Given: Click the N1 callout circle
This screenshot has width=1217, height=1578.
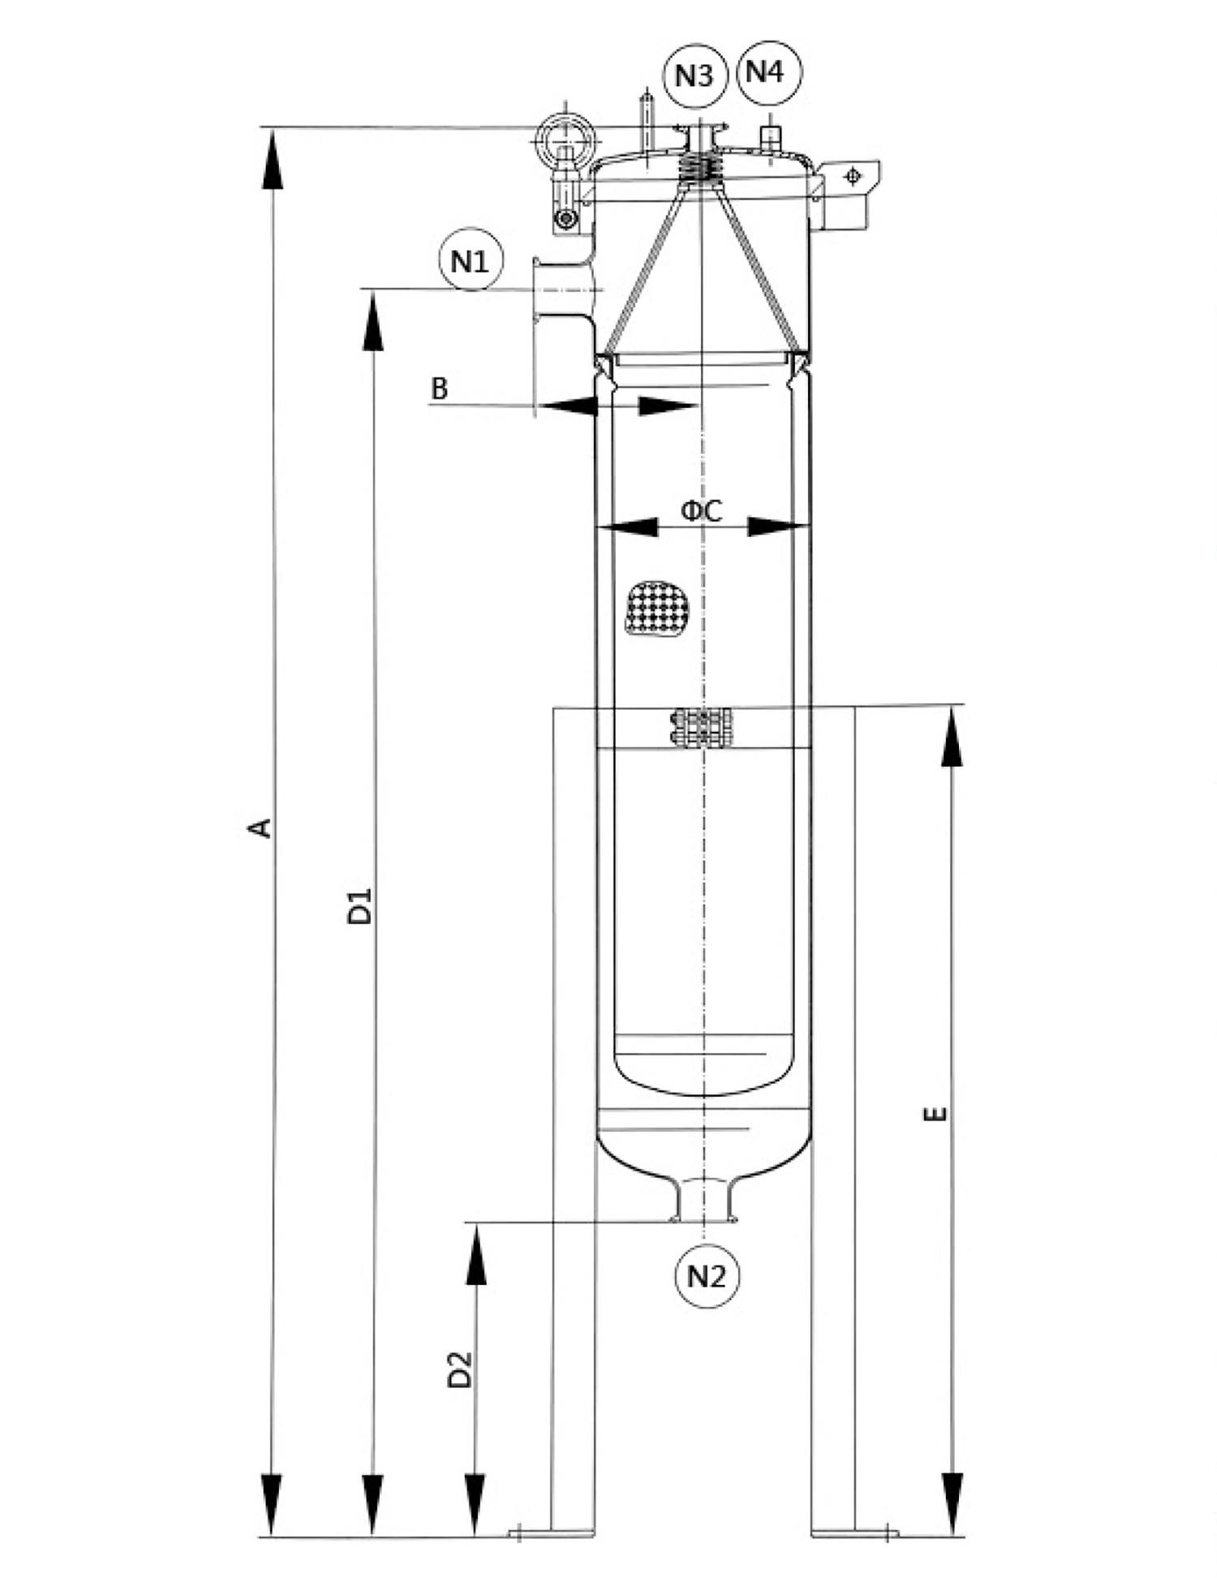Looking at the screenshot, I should pyautogui.click(x=471, y=261).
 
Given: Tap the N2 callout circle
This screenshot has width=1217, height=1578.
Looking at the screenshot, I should pyautogui.click(x=707, y=1275).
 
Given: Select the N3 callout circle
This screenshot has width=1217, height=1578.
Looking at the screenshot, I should pyautogui.click(x=695, y=75).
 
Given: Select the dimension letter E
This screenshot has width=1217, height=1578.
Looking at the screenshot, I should pyautogui.click(x=935, y=1114).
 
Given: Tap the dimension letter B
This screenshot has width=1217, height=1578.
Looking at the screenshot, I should pyautogui.click(x=439, y=389).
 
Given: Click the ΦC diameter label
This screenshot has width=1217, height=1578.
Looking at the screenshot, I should pyautogui.click(x=701, y=510).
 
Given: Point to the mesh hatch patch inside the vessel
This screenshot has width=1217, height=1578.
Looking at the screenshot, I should pyautogui.click(x=657, y=607).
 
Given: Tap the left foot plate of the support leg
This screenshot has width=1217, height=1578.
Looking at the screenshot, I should pyautogui.click(x=551, y=1533).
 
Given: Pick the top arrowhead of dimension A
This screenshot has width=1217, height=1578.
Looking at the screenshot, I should pyautogui.click(x=273, y=159).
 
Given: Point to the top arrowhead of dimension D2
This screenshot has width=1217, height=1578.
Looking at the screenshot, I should pyautogui.click(x=475, y=1254).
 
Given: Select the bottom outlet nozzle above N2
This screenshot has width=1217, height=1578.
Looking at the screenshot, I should pyautogui.click(x=703, y=1199).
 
